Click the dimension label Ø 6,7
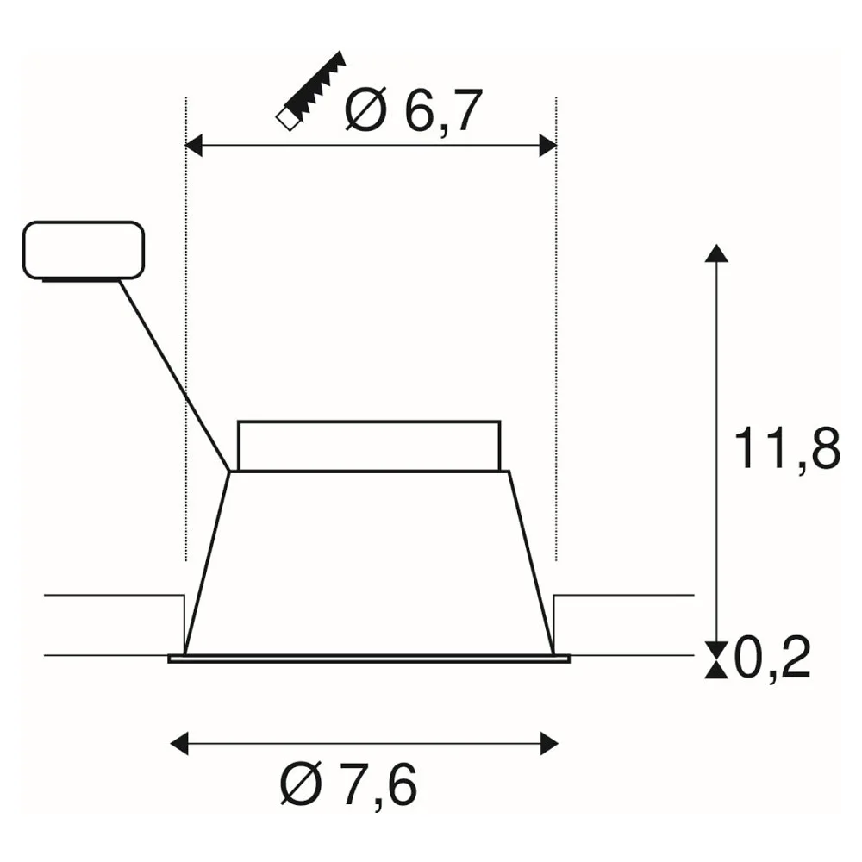(414, 110)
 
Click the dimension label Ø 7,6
(348, 784)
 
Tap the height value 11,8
(787, 448)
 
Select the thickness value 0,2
(772, 659)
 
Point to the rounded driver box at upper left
(84, 251)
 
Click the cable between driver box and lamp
(175, 376)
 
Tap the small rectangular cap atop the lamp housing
(369, 446)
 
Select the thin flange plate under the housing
(369, 659)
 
